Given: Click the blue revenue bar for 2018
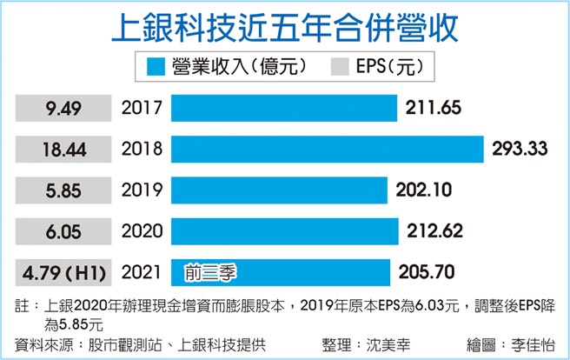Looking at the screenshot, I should tap(327, 149).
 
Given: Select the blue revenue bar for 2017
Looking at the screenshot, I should tap(284, 108).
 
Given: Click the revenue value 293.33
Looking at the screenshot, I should tap(519, 149).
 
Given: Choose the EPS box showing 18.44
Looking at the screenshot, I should tap(64, 149).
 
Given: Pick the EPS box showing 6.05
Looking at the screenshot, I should tap(64, 232).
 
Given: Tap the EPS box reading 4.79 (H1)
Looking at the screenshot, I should tap(64, 273).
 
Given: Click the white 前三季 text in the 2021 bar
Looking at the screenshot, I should tap(212, 273).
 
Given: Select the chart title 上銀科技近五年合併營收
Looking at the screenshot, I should tap(285, 27).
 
